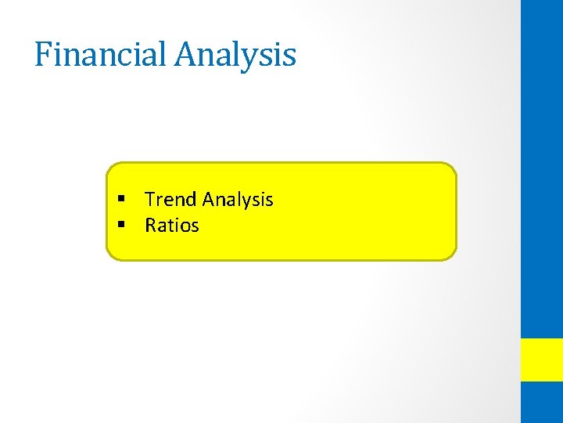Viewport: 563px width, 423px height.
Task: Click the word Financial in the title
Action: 102,55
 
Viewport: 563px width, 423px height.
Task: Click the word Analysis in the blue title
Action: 235,55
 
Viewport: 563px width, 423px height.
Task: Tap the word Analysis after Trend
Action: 238,200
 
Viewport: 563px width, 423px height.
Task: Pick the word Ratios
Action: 172,226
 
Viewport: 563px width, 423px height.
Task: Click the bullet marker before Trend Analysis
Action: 122,200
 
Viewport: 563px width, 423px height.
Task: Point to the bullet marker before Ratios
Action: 122,226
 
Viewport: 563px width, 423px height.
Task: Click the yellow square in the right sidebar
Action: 542,360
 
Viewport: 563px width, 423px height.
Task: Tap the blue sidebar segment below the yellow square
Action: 542,403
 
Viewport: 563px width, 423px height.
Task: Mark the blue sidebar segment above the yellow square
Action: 542,168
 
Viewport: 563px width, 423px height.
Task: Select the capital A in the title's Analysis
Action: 188,55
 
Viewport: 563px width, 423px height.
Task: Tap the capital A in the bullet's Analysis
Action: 210,200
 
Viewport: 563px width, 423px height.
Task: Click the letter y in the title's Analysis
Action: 254,59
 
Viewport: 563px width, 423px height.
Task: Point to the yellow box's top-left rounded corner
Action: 110,167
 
